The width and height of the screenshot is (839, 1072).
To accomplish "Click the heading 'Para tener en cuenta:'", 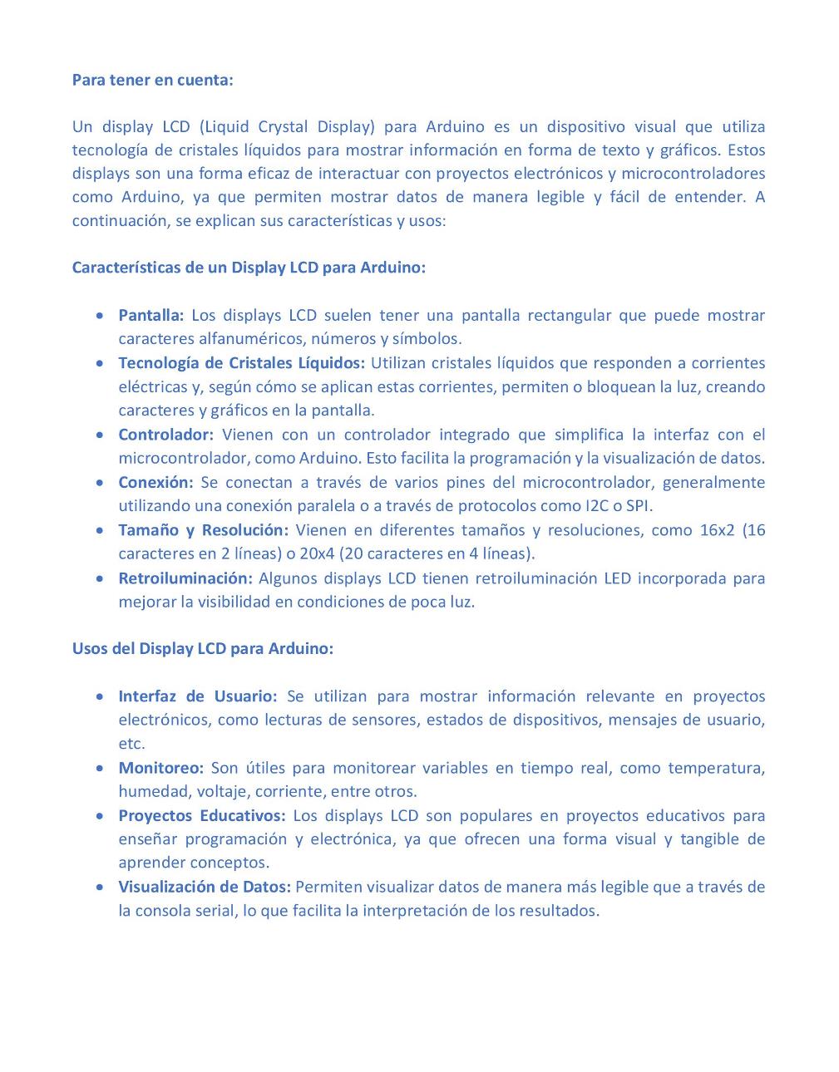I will [x=152, y=80].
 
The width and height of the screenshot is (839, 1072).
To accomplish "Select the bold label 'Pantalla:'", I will [x=151, y=315].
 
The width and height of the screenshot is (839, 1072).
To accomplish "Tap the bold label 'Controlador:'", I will [x=165, y=435].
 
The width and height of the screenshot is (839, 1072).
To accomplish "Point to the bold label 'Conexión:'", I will [x=155, y=482].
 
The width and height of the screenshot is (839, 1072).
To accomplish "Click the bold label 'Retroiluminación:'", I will [x=185, y=578].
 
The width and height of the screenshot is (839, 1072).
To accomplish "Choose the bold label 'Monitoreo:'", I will [x=160, y=768].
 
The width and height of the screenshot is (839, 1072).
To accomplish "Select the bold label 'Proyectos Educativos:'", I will [x=201, y=815].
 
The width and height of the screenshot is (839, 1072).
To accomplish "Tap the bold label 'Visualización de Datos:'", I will [x=204, y=887].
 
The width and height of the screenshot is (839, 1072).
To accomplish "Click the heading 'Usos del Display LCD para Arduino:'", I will [x=202, y=648].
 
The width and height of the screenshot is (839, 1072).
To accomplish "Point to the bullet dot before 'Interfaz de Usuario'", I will [x=100, y=696].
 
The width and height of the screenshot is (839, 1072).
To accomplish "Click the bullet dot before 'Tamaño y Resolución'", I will [x=100, y=530].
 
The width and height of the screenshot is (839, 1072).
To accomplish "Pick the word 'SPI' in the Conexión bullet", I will [x=639, y=505].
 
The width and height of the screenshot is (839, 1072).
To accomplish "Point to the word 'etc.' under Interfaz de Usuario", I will [x=131, y=744].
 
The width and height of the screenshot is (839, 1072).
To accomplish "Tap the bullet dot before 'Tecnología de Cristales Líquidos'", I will [x=100, y=363].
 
